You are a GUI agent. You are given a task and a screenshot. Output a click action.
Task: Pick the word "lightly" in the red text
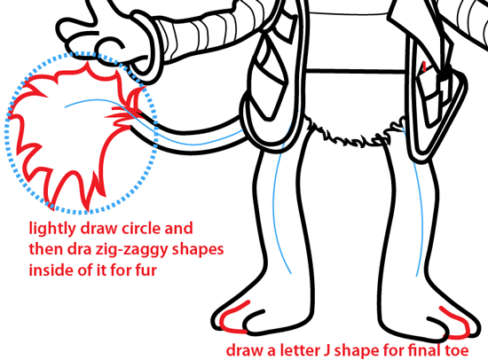point(52,229)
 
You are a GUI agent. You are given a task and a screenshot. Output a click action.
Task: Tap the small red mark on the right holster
point(423,67)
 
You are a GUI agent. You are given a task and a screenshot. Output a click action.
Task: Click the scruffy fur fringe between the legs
point(351,134)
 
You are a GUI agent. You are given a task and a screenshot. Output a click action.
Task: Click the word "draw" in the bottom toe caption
point(245,350)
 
